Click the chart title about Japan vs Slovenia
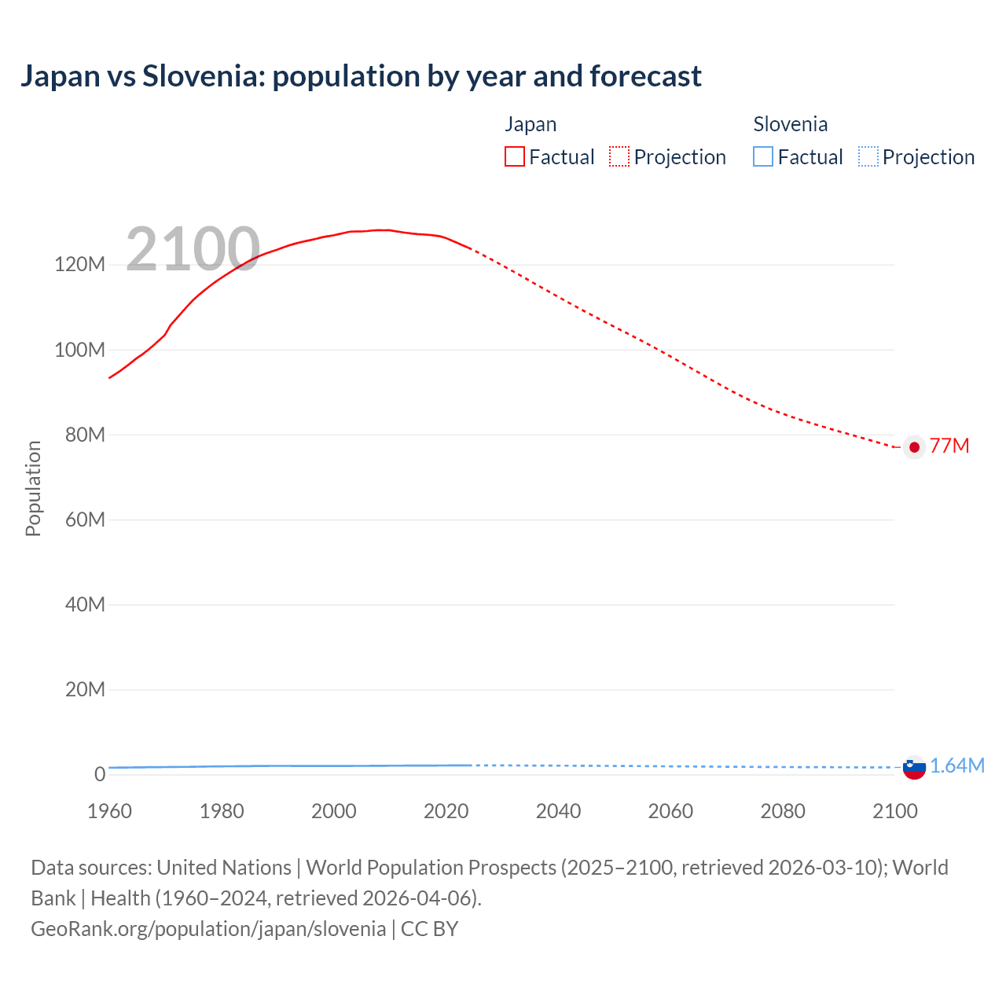click(x=361, y=76)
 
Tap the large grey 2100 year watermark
click(x=193, y=249)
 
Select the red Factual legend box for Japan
click(x=515, y=157)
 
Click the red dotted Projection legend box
click(x=619, y=157)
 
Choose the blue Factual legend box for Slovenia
click(x=763, y=157)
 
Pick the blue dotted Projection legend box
click(x=868, y=157)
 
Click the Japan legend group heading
click(x=531, y=124)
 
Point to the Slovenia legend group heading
click(x=790, y=124)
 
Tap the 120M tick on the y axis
click(x=79, y=265)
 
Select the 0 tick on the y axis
click(x=100, y=774)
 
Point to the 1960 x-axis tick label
click(x=109, y=811)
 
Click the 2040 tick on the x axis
click(x=558, y=811)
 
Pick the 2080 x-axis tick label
click(x=783, y=811)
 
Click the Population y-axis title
click(x=33, y=488)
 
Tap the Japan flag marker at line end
click(x=914, y=447)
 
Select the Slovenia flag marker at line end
click(x=914, y=767)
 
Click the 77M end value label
click(x=949, y=446)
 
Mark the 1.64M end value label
click(x=957, y=766)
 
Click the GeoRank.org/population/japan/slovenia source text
click(x=208, y=929)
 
